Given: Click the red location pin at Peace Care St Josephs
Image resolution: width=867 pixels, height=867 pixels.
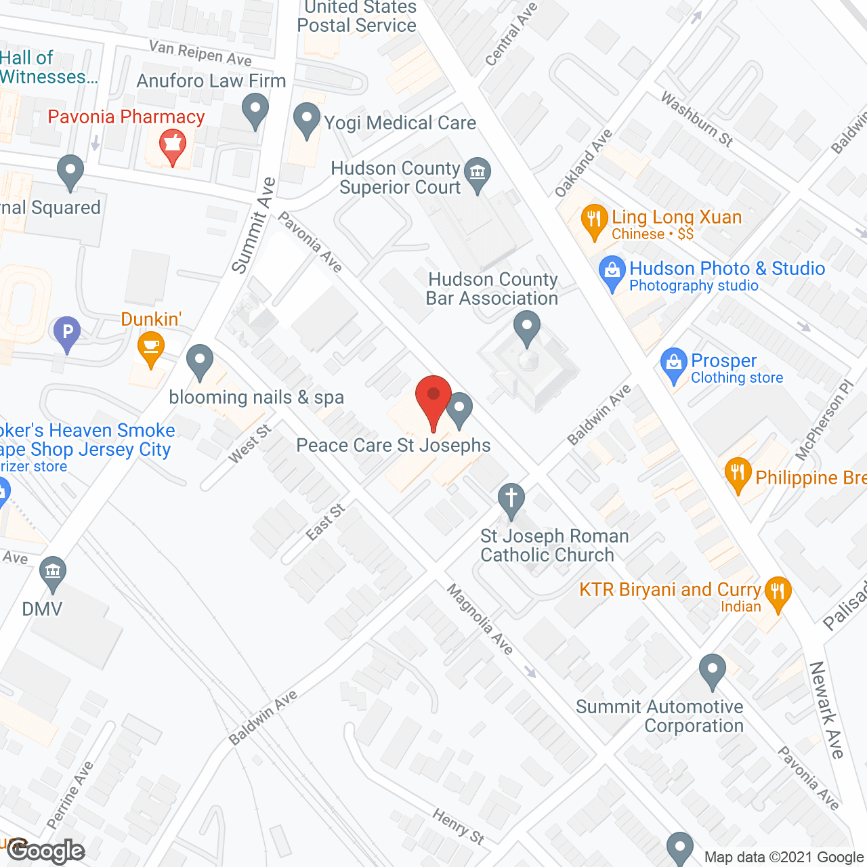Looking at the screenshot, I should (433, 396).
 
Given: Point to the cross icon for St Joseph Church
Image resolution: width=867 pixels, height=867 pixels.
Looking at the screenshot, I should (511, 500).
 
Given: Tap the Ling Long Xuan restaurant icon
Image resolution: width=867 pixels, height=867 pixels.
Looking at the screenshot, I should (594, 219).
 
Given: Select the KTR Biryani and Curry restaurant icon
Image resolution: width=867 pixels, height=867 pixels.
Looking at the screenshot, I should (778, 592).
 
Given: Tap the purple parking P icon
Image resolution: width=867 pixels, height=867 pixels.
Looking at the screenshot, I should (67, 333).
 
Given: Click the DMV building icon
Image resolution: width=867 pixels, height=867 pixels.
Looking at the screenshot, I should (52, 570).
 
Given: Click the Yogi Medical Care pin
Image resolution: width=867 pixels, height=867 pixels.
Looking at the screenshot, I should (307, 118).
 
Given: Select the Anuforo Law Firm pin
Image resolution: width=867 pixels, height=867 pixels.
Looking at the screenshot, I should (255, 109).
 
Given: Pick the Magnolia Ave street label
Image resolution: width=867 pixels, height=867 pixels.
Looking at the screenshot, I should (480, 619).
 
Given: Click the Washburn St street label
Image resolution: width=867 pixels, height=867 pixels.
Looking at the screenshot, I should (697, 119).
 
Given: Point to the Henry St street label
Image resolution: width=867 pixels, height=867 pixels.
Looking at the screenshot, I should (459, 826).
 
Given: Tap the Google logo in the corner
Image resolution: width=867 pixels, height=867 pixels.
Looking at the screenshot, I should (46, 851).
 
